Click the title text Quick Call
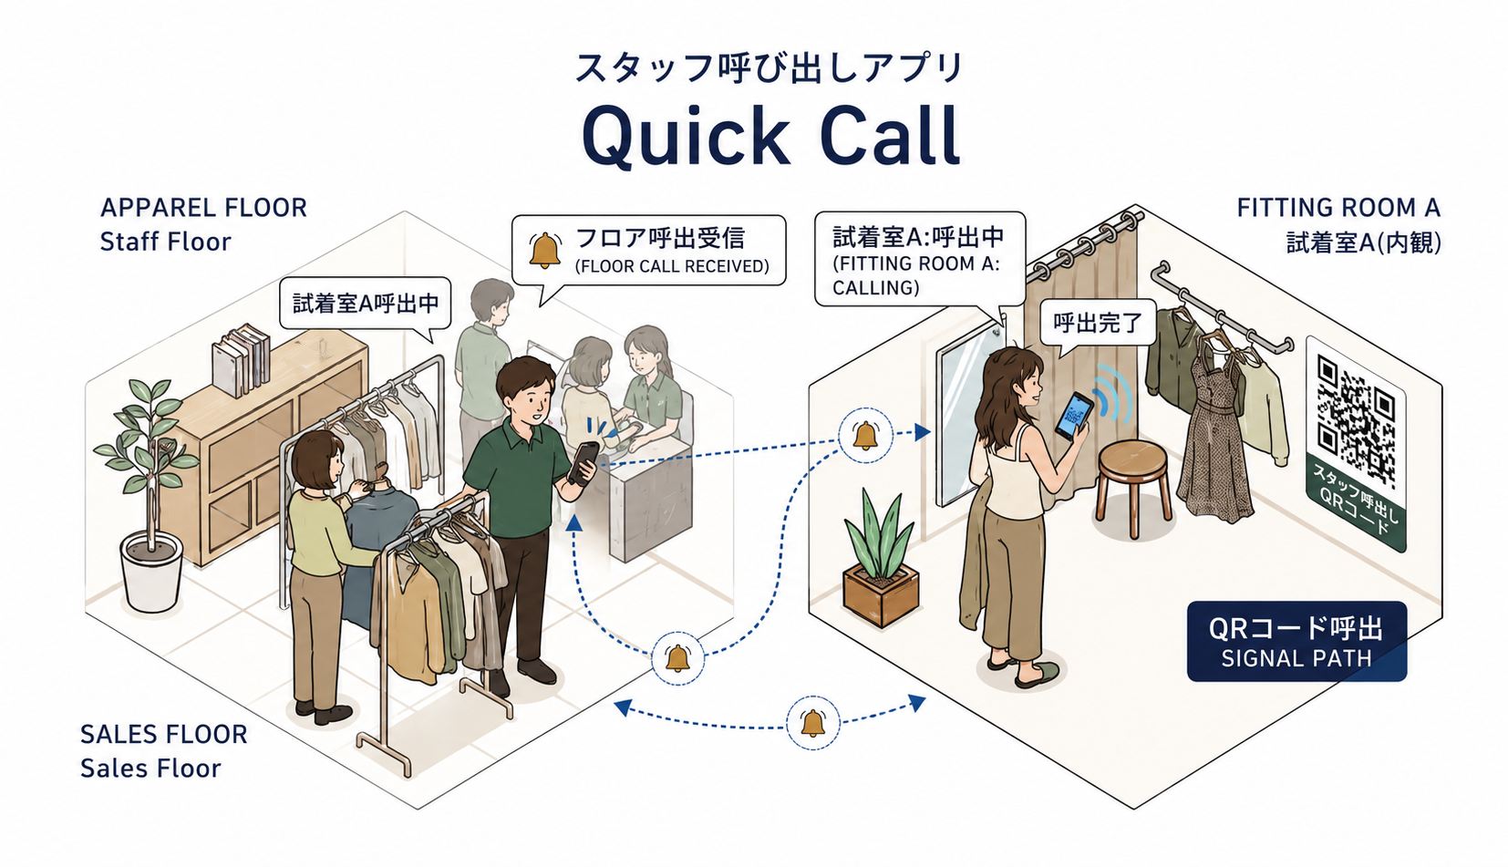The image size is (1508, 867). [770, 137]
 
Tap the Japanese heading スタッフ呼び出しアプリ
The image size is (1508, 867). [769, 68]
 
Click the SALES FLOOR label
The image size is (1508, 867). [163, 735]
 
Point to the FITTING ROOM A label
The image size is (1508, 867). [1338, 207]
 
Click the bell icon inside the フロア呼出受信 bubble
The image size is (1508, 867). [544, 251]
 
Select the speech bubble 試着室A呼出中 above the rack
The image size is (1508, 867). [365, 304]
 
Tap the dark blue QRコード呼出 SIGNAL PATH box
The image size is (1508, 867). [1296, 641]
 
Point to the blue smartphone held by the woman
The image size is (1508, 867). [1073, 416]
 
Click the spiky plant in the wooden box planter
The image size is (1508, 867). [881, 558]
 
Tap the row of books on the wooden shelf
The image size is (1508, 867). [241, 360]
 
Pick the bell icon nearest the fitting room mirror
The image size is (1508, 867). [866, 435]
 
